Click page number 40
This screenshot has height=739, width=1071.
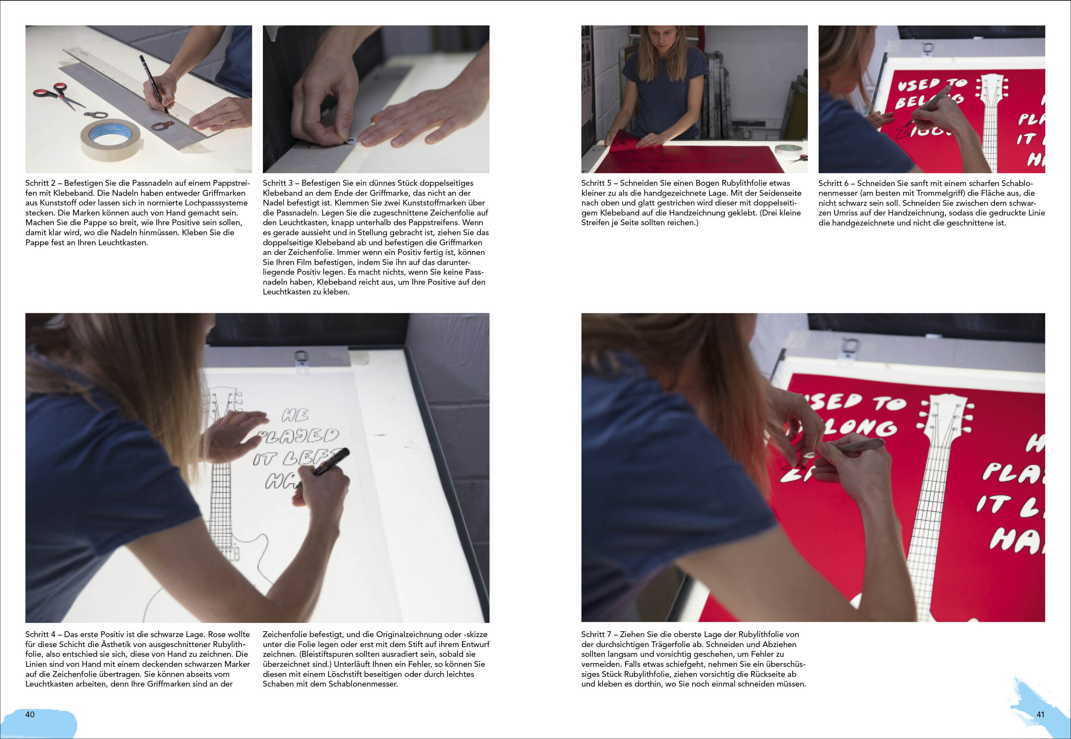[x=30, y=714]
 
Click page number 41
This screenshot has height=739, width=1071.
[x=1041, y=714]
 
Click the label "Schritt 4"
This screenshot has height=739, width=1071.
[x=40, y=634]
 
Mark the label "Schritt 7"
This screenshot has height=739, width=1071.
[x=597, y=634]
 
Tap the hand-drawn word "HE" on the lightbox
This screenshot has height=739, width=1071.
[x=295, y=415]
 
